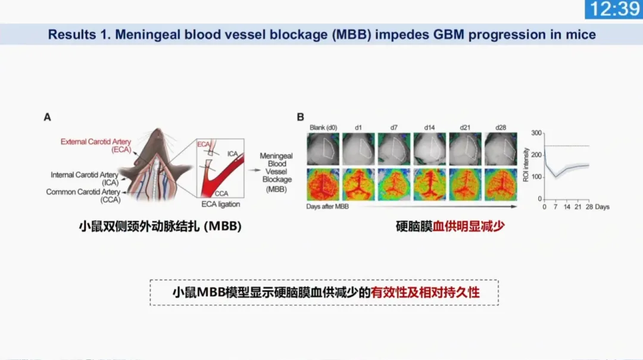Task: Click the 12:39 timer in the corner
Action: coord(614,9)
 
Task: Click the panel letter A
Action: coord(48,117)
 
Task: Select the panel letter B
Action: coord(300,117)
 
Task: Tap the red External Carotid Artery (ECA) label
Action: coord(95,146)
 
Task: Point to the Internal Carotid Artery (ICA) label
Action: coord(85,179)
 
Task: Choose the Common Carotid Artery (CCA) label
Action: coord(83,196)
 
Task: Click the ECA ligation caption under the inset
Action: coord(221,204)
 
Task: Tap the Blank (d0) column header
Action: coord(323,127)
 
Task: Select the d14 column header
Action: coord(429,127)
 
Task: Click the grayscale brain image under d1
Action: coord(358,149)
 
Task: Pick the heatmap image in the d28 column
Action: coord(501,184)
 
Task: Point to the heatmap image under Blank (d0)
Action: coord(323,184)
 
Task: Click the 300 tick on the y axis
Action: coord(536,133)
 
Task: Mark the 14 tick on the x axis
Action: coord(567,207)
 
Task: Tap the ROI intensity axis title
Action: coord(526,165)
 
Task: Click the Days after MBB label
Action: coord(327,206)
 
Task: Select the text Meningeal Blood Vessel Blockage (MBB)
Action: coord(276,172)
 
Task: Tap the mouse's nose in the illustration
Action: coord(158,130)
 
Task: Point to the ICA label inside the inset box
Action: coord(233,154)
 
